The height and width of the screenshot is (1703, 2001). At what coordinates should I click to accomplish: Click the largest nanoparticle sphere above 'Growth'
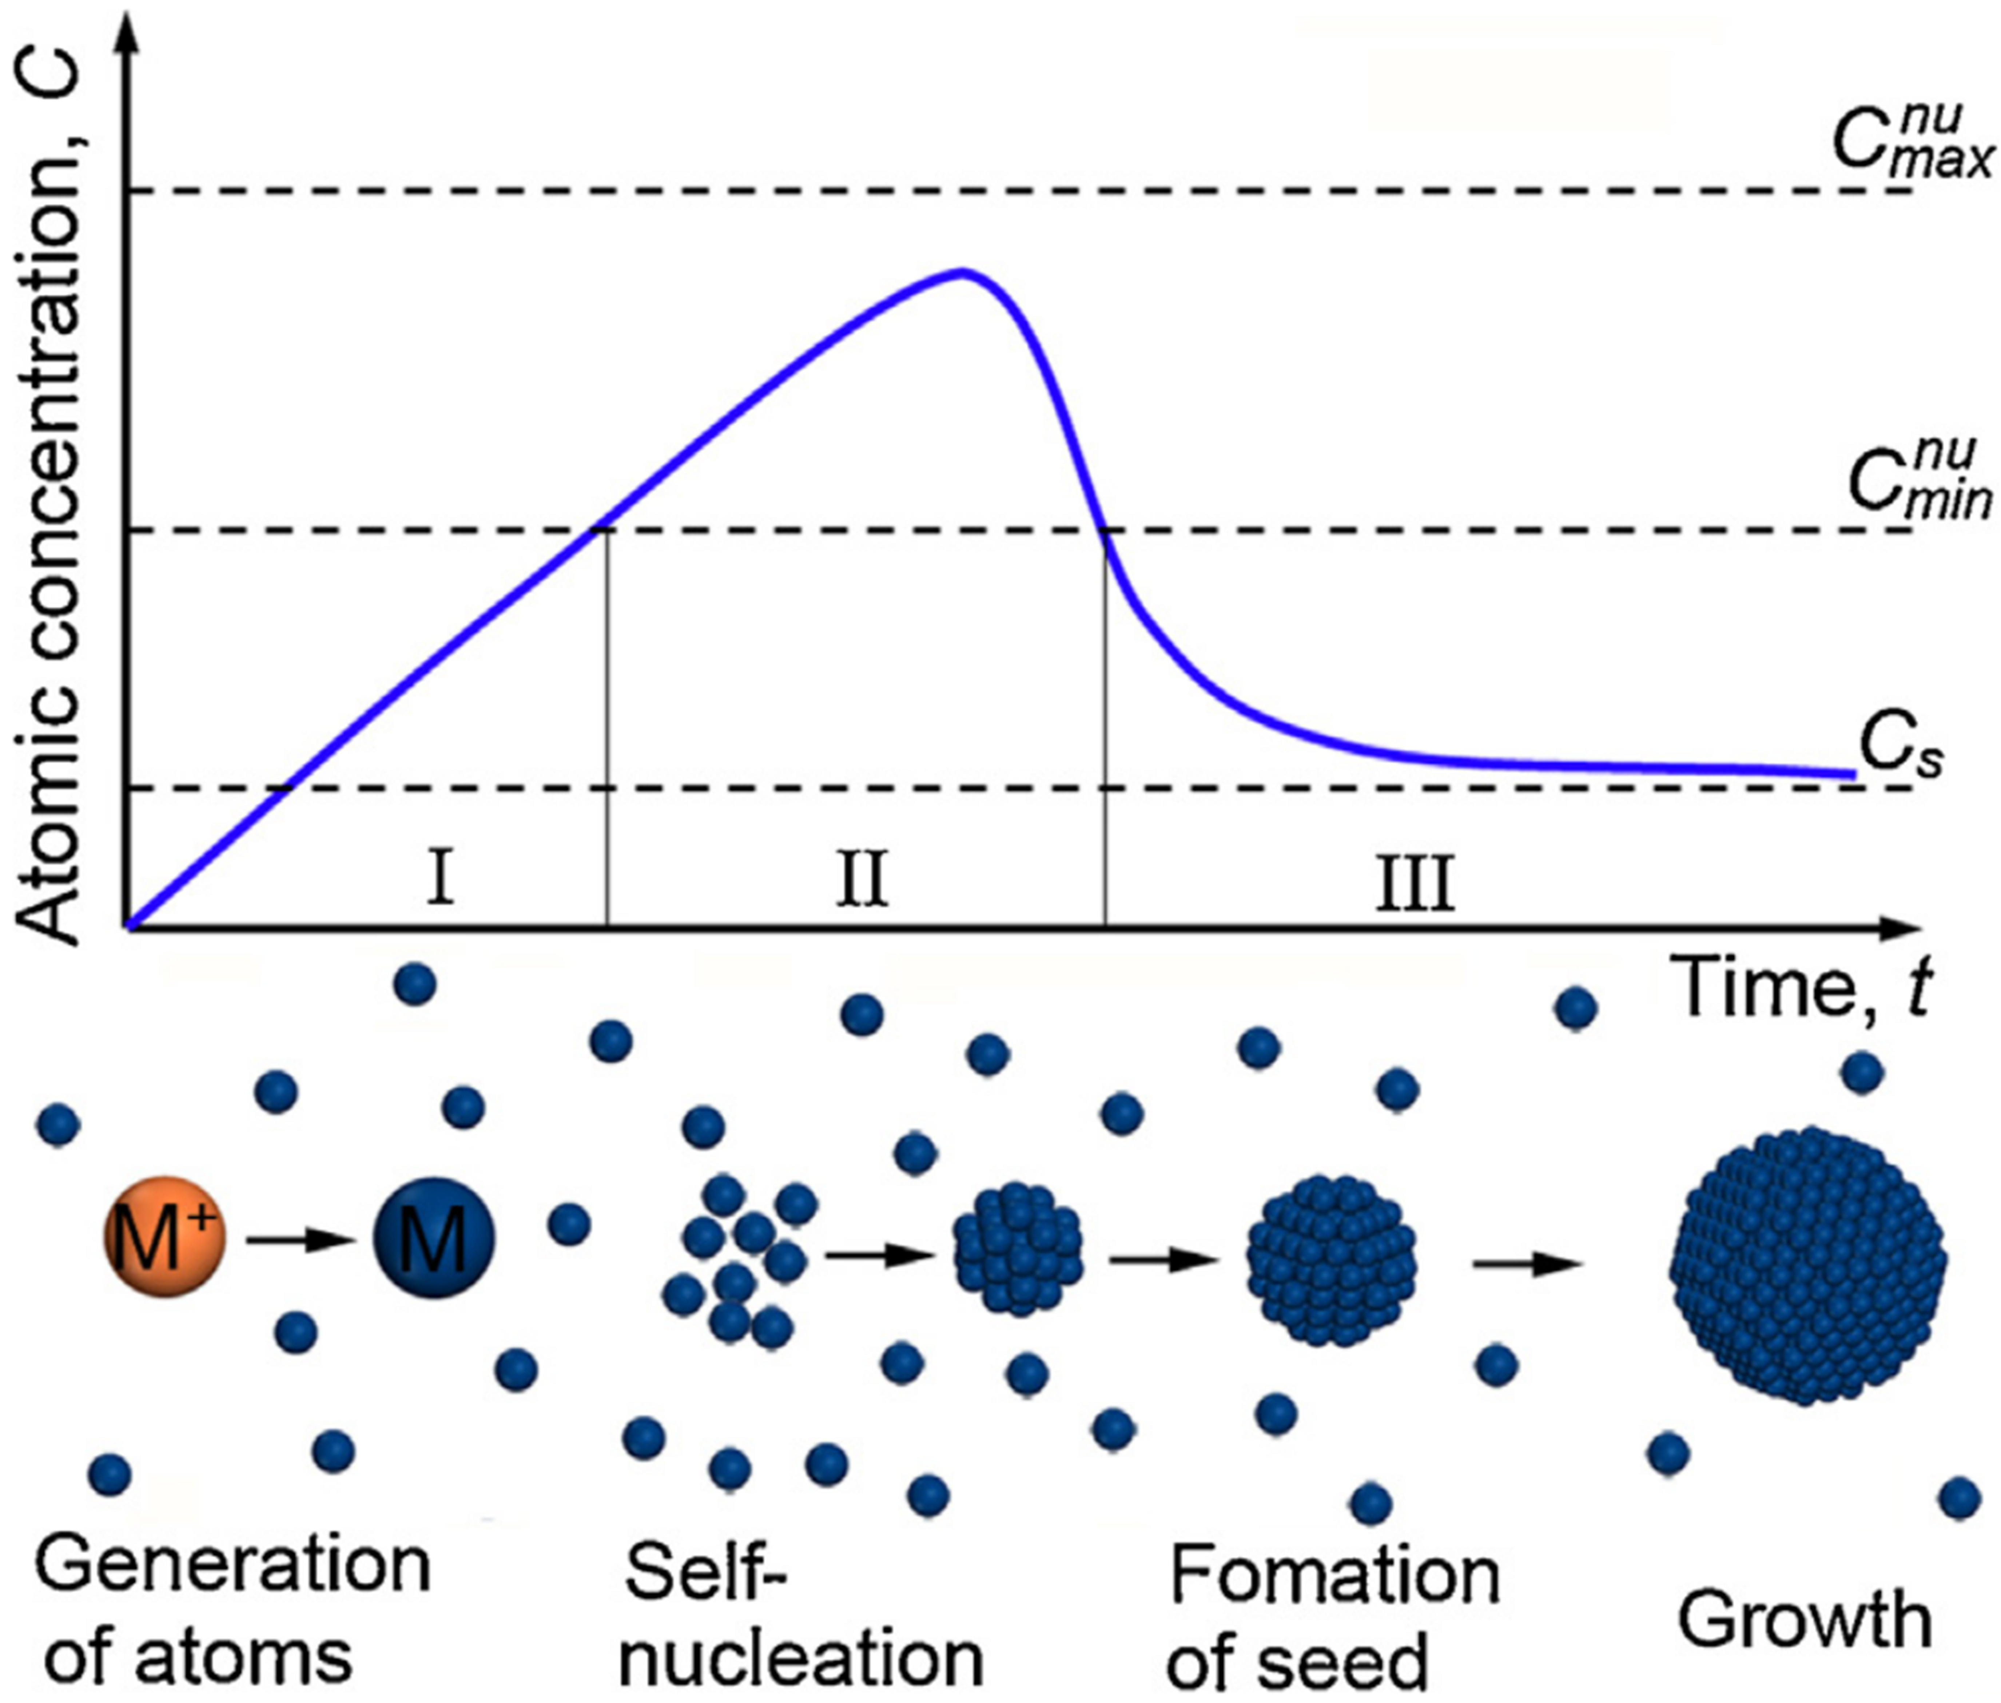(1807, 1265)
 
